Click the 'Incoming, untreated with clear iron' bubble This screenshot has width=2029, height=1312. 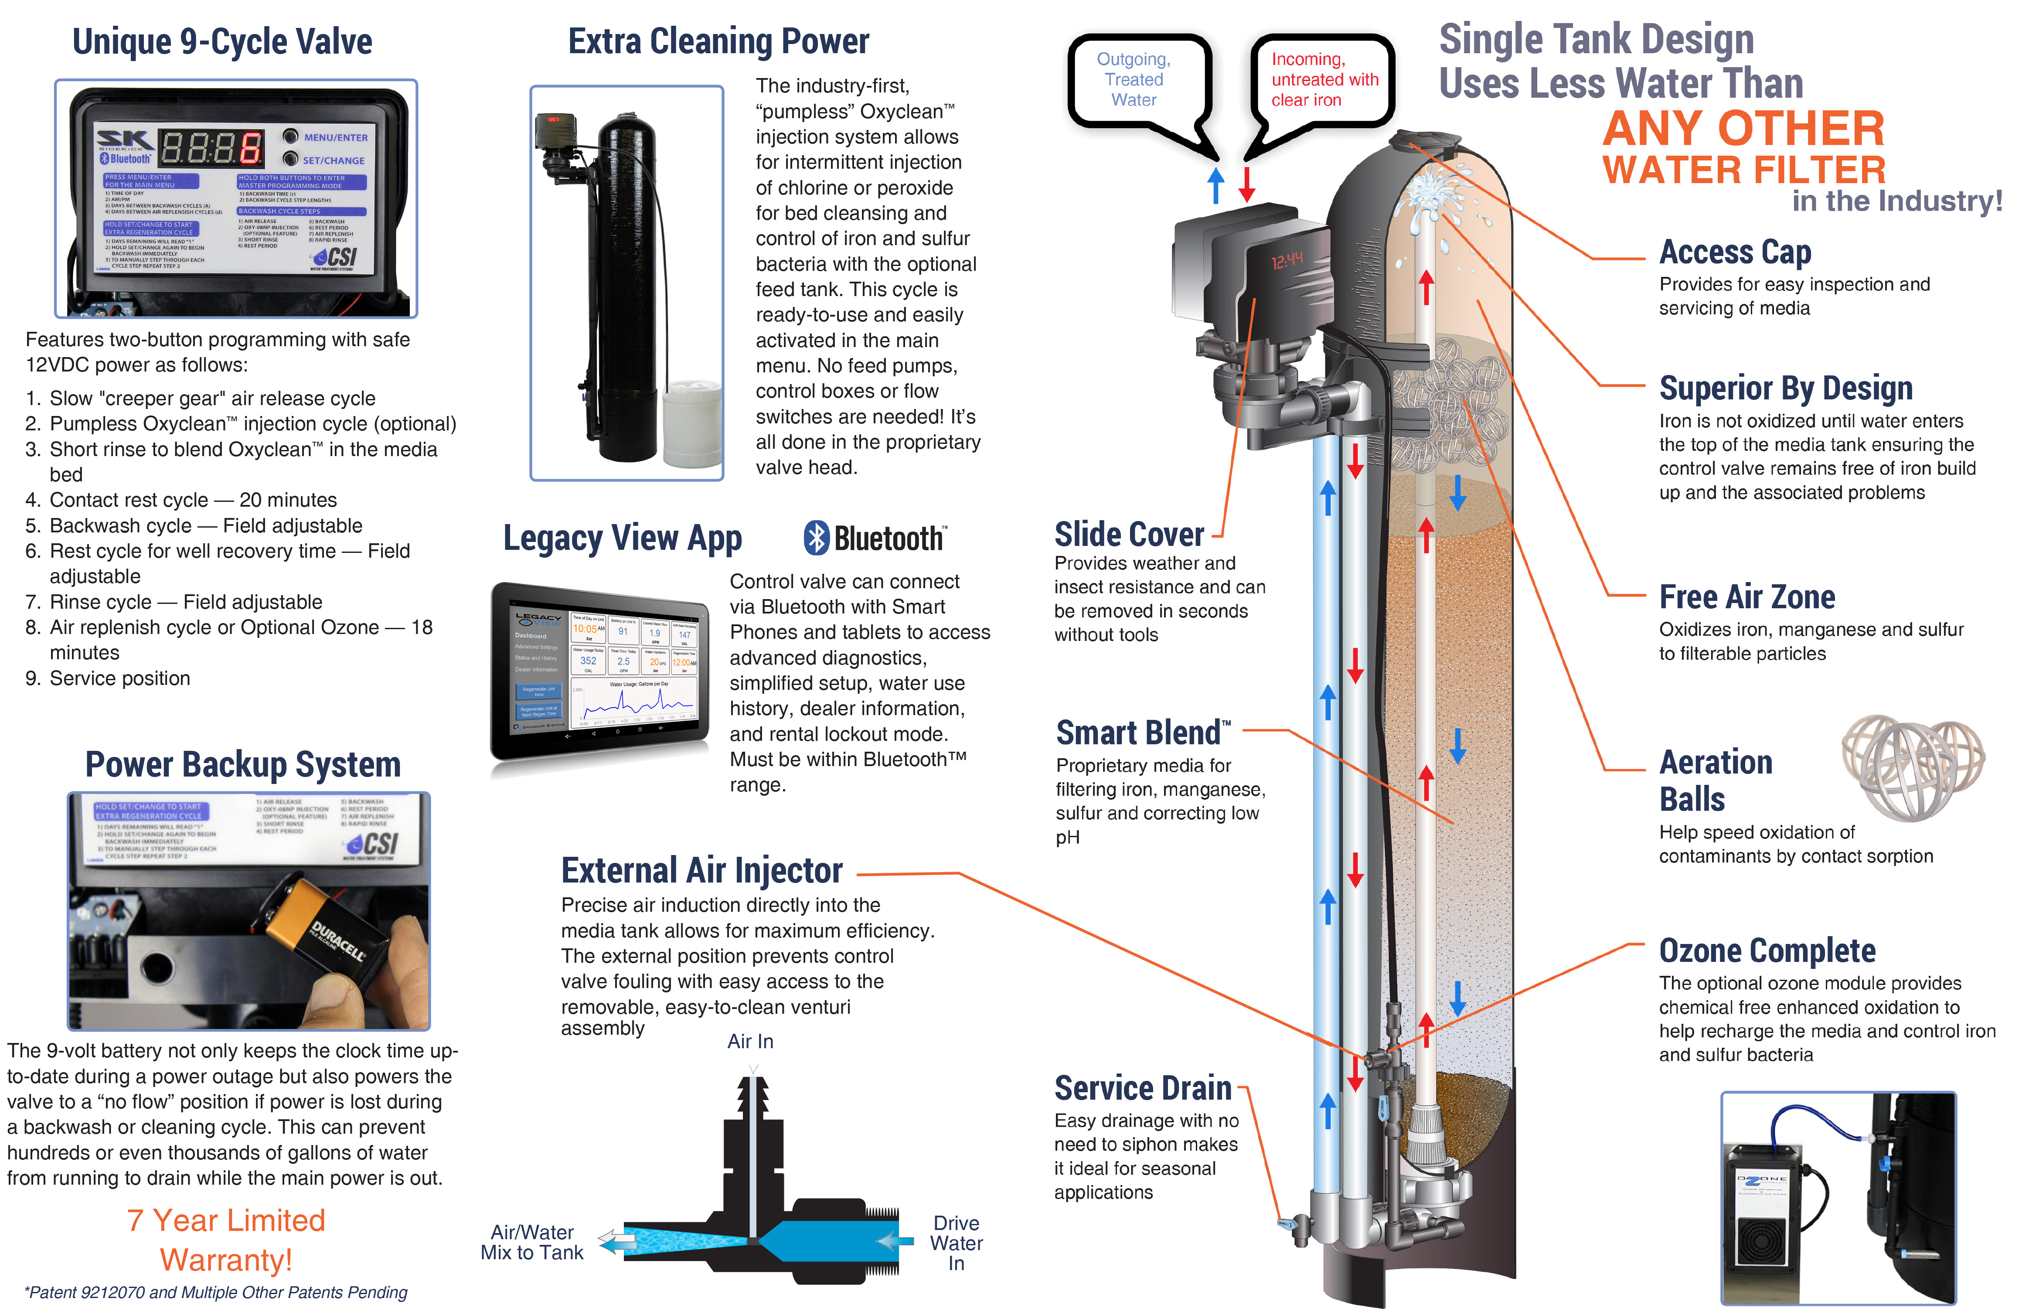pos(1323,79)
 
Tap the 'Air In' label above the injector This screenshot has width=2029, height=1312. pos(749,1041)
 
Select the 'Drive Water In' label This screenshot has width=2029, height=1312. pos(956,1243)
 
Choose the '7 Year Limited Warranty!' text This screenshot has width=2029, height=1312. pos(227,1240)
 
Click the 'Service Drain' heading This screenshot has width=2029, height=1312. pos(1142,1088)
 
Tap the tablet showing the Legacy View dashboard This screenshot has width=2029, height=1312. pos(600,671)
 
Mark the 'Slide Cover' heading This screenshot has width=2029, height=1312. pos(1129,535)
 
